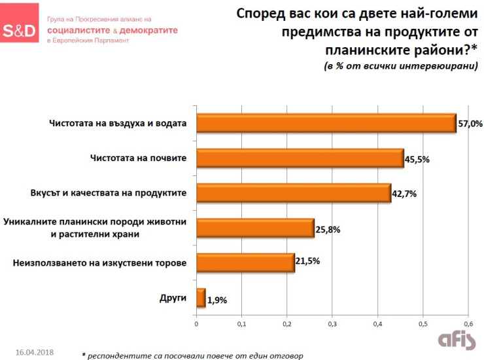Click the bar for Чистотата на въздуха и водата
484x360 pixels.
(326, 123)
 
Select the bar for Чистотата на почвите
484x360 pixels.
(300, 158)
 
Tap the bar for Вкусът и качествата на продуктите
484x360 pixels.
(293, 193)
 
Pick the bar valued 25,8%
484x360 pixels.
(255, 228)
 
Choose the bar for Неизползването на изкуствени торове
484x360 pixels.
(245, 263)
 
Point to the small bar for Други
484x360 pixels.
(201, 298)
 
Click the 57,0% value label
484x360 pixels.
(470, 123)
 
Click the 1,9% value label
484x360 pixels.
(217, 299)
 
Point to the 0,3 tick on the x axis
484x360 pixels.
(332, 323)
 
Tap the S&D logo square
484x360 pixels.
(20, 30)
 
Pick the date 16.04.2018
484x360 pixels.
(34, 351)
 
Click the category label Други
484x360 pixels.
(173, 298)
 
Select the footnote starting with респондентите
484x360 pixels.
(192, 355)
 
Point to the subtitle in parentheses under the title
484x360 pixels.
(401, 67)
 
